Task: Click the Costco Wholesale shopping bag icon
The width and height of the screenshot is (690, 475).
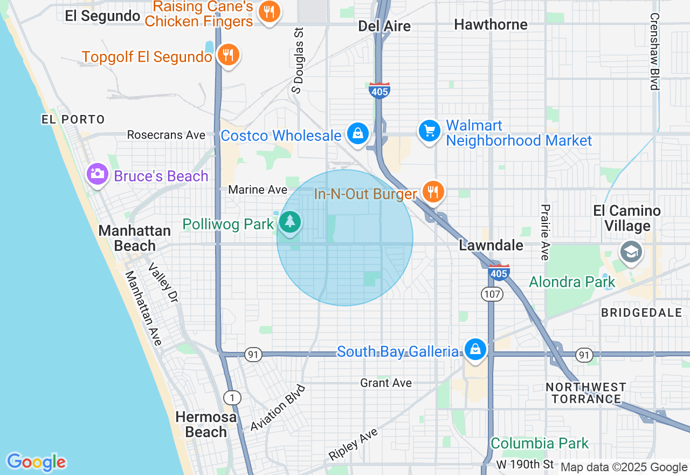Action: [357, 133]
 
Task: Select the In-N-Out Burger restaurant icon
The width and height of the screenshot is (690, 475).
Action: [433, 192]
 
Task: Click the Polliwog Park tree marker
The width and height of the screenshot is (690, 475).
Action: [291, 222]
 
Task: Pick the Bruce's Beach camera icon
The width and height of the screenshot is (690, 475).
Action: [98, 174]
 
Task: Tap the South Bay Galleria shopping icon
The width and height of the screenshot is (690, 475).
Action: [475, 350]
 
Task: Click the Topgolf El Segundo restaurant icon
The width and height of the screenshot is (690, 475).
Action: [229, 55]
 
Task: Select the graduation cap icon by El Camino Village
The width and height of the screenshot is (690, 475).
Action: [630, 252]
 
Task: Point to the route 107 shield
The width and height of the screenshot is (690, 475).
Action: [492, 294]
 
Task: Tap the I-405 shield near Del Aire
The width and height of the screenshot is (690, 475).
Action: [379, 91]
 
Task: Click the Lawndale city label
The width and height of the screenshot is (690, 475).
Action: [491, 246]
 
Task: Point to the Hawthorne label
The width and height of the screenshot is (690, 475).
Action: [491, 25]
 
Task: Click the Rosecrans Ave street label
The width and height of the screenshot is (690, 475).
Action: [166, 135]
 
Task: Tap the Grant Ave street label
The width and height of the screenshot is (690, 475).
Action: [386, 383]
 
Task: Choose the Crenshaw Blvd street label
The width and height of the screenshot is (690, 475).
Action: [654, 51]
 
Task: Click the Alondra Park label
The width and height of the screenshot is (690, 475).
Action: [572, 282]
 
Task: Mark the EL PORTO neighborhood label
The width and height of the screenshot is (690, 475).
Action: [73, 119]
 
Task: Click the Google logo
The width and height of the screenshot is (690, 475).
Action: [36, 462]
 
